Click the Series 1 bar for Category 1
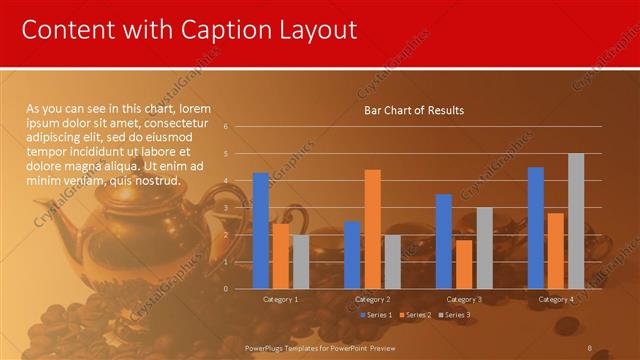coord(261,231)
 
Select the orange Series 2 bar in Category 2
coord(372,229)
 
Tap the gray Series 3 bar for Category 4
coord(576,221)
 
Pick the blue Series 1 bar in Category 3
coord(444,241)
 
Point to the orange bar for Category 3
coord(464,264)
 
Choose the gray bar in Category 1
coord(300,262)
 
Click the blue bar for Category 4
coord(536,228)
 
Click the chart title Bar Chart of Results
coord(414,110)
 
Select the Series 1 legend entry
coord(376,315)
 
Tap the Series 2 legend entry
coord(414,315)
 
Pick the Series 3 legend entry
coord(453,315)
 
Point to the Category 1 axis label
coord(280,299)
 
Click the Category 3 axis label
coord(464,299)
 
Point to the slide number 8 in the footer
coord(590,347)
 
